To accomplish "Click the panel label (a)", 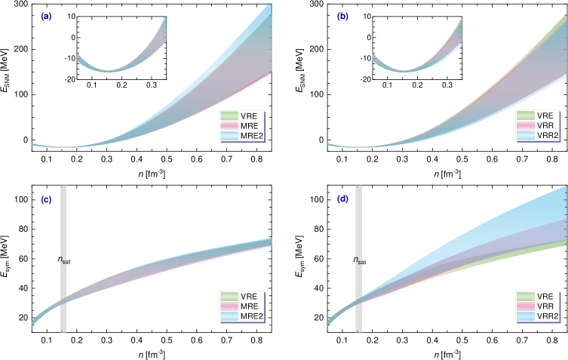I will click(46, 16).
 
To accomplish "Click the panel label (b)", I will click(342, 16).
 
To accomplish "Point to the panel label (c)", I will click(46, 200).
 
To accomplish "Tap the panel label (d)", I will click(342, 199).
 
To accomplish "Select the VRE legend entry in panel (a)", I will click(241, 116).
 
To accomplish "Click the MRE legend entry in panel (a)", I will click(241, 126).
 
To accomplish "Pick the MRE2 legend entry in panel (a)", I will click(241, 136).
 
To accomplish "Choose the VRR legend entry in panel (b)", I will click(538, 126).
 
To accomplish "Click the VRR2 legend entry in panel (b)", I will click(538, 136).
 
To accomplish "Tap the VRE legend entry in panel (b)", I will click(538, 116).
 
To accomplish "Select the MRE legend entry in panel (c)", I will click(241, 306).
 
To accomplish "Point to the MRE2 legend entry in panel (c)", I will click(241, 316).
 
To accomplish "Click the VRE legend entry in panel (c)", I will click(241, 297).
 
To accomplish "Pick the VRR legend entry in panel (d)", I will click(538, 306).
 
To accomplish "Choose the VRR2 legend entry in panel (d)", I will click(538, 316).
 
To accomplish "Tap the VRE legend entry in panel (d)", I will click(538, 297).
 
